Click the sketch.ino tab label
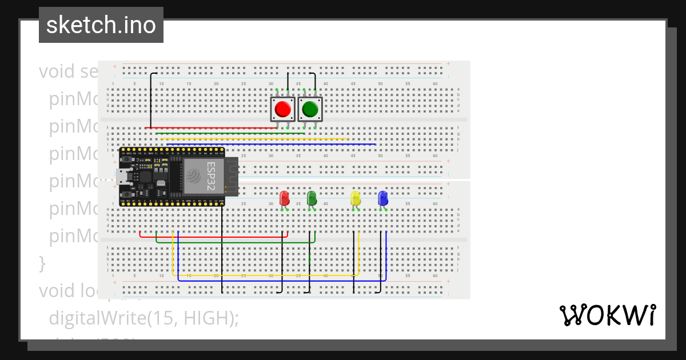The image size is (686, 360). [101, 25]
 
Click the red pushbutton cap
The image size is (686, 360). [282, 109]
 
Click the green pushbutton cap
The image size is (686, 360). [310, 109]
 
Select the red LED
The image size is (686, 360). [284, 198]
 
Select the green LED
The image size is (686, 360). [312, 198]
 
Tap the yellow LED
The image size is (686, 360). [356, 198]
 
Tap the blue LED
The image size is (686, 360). [383, 198]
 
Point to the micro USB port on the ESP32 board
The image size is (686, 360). [122, 177]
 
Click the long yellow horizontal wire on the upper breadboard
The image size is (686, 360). [254, 138]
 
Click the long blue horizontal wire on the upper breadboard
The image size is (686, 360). [269, 144]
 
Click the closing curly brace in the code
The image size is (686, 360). [42, 263]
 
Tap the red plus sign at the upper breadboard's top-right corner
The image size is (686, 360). [449, 63]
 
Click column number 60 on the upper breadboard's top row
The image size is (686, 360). [435, 84]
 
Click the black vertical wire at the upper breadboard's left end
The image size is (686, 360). [150, 100]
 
